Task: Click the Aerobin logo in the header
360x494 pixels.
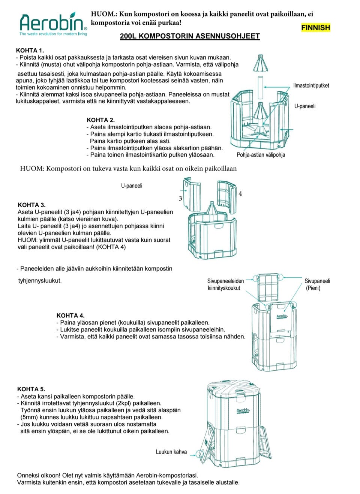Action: tap(53, 23)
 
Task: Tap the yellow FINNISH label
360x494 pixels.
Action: tap(315, 28)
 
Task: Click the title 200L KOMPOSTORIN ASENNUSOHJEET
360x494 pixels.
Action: tap(190, 36)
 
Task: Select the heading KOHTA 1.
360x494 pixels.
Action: tap(30, 50)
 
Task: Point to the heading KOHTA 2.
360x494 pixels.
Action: tap(100, 120)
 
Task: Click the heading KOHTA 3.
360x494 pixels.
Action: tap(31, 205)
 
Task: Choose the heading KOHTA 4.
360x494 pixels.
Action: tap(70, 315)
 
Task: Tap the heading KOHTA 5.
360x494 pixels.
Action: tap(31, 389)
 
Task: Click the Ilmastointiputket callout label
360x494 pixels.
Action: tap(311, 85)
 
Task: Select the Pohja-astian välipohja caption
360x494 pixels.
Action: tap(261, 155)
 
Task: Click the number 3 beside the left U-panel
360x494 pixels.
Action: tap(180, 199)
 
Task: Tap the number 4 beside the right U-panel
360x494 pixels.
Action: tap(240, 194)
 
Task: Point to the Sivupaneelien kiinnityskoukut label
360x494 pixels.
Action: tap(225, 284)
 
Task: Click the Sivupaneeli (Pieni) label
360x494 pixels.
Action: tap(317, 284)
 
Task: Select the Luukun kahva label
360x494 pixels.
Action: tap(171, 452)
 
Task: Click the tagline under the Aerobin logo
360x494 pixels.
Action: tap(53, 34)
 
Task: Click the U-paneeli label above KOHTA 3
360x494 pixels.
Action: tap(132, 186)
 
